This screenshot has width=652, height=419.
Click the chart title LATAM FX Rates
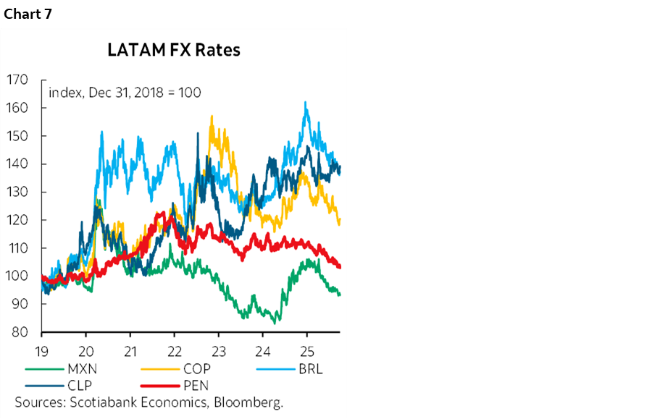[x=173, y=51]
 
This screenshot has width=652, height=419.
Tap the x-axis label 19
[x=43, y=347]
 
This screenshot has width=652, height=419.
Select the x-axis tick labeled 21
[x=130, y=347]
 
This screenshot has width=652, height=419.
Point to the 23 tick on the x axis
[x=219, y=347]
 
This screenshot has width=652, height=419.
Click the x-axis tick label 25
[x=306, y=347]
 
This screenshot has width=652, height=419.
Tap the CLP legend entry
[x=80, y=385]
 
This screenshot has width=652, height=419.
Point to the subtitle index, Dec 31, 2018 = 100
[x=124, y=93]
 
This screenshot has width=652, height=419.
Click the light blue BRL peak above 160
[x=306, y=103]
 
